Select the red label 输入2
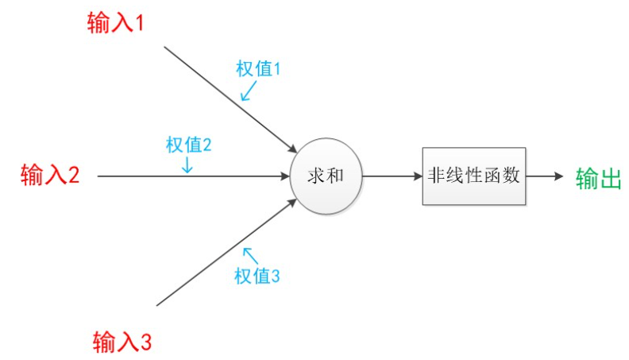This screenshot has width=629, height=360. point(50,175)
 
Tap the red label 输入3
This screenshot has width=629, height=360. point(122,343)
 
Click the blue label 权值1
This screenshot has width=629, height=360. point(259,69)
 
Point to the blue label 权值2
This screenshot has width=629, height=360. point(188,145)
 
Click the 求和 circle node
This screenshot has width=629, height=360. point(326,176)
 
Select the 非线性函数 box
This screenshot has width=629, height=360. point(473,176)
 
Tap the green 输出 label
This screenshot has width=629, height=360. point(598,178)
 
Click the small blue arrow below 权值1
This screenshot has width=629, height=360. point(248,92)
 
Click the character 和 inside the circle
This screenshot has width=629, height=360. point(334,176)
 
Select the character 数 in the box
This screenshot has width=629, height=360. point(512,176)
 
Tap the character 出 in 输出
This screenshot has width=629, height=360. point(609,178)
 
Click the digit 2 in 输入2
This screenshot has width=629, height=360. point(73,175)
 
